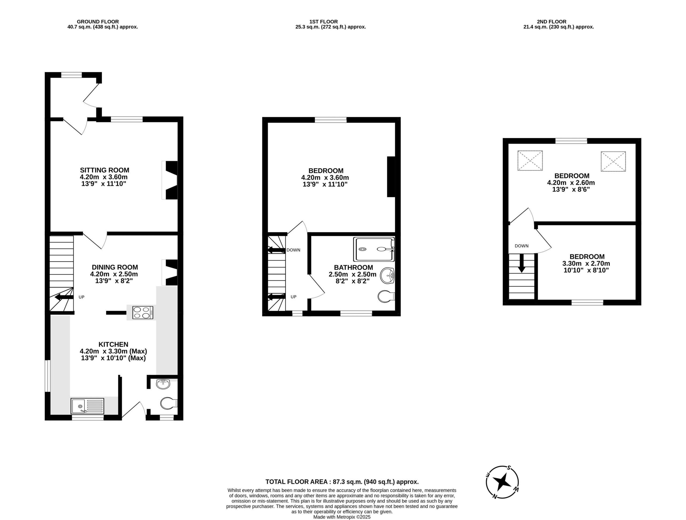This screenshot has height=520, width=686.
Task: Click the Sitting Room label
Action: click(x=105, y=170)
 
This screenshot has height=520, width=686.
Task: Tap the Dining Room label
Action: click(x=115, y=267)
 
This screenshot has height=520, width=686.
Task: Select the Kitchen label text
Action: click(x=113, y=344)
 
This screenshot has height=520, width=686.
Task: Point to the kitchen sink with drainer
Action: click(x=88, y=406)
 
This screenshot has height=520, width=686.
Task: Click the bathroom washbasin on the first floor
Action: click(x=387, y=275)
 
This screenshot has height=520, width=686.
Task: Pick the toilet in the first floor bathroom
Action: click(x=386, y=297)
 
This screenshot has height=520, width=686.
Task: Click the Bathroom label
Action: click(x=353, y=268)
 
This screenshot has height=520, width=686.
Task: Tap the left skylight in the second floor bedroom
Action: click(x=530, y=160)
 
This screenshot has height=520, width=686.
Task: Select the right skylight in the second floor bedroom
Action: click(x=613, y=161)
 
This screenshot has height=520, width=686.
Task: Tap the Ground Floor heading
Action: click(x=98, y=22)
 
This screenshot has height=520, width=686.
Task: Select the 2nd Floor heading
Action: click(x=552, y=22)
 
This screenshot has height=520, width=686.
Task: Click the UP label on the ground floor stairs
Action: click(x=81, y=297)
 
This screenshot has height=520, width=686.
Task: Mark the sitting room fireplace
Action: click(x=170, y=180)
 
